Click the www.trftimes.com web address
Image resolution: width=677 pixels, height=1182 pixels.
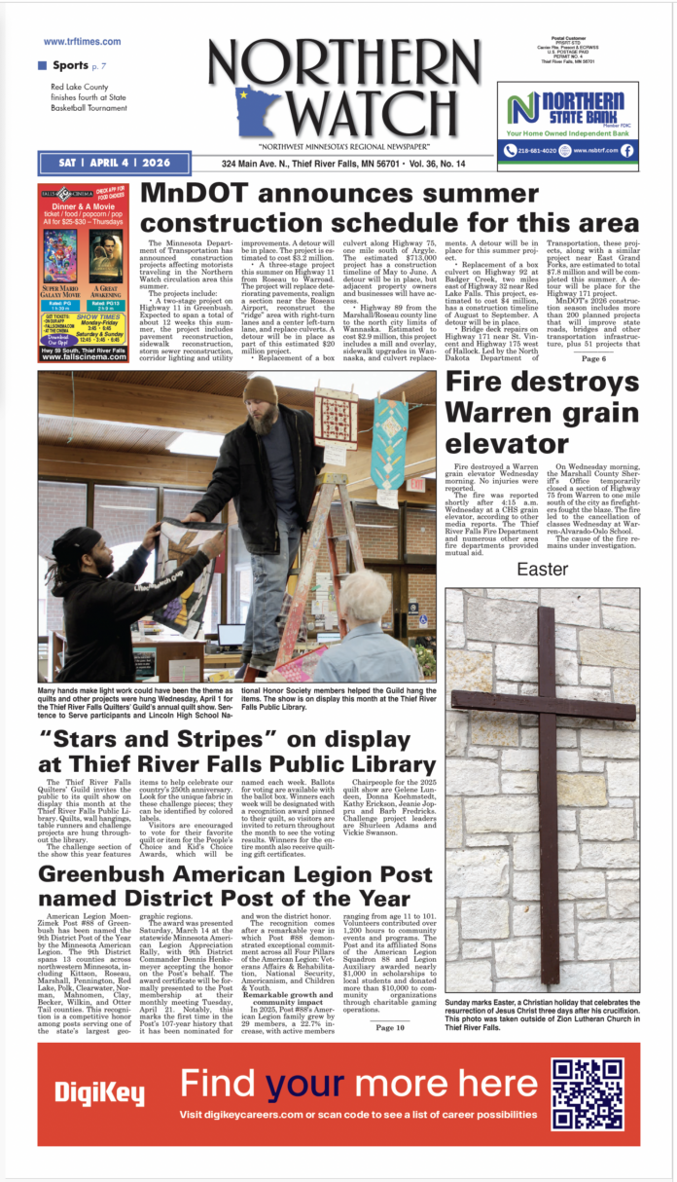[x=82, y=42]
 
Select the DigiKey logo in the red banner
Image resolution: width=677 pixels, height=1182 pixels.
[x=99, y=1092]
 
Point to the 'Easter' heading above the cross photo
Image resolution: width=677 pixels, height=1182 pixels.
[x=543, y=569]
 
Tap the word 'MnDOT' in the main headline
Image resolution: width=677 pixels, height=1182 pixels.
[x=203, y=195]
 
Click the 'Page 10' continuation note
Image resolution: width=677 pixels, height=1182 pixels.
[x=390, y=999]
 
